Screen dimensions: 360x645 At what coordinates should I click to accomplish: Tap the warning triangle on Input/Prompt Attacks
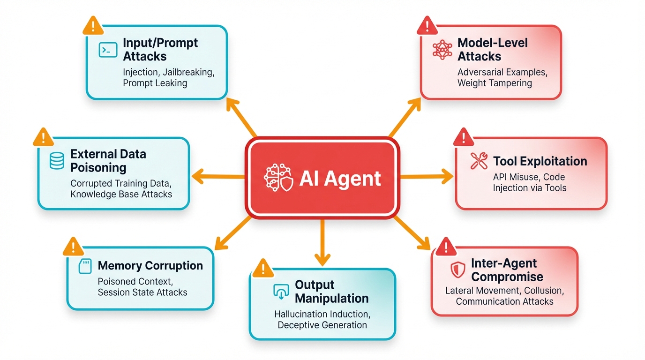coord(93,26)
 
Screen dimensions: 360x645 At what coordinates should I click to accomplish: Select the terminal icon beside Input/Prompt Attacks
coord(108,50)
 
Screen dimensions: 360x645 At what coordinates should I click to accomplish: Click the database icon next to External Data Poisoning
coord(57,161)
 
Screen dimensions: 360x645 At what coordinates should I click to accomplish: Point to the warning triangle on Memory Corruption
coord(73,247)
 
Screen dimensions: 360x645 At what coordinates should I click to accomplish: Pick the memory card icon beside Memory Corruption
coord(84,266)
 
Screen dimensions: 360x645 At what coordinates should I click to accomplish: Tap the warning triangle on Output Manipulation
coord(263,268)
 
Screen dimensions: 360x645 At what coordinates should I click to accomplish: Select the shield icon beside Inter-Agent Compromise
coord(457,270)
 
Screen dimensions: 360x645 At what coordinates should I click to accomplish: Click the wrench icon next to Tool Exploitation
coord(479,161)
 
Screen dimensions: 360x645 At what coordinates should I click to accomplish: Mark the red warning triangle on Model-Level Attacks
coord(427,25)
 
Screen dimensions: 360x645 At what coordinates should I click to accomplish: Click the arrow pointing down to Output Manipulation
coord(322,244)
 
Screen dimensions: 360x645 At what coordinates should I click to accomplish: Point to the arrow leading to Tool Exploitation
coord(427,177)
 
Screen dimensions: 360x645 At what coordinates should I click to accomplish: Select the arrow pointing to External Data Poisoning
coord(218,177)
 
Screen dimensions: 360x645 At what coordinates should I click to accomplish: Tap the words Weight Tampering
coord(495,83)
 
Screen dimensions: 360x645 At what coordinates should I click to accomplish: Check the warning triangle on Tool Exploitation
coord(463,137)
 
